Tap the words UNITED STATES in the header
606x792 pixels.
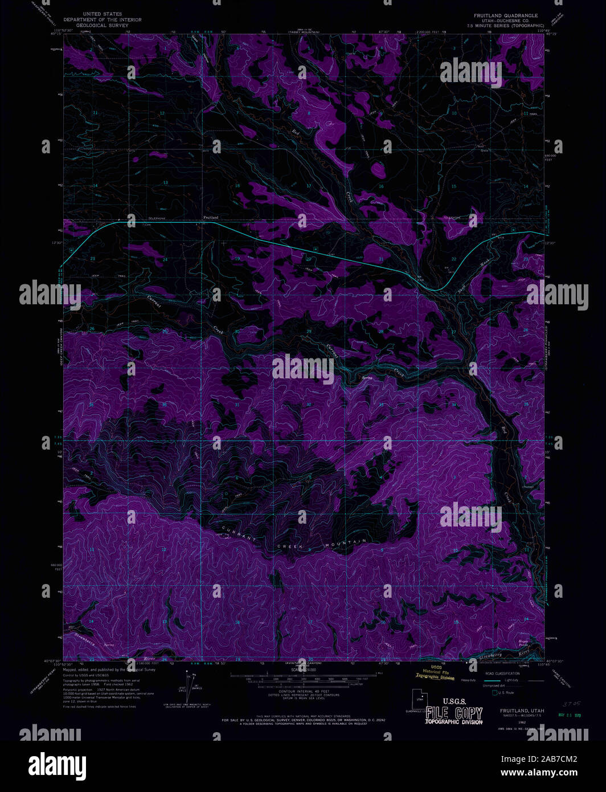tap(103, 14)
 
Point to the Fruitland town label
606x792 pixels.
tap(211, 218)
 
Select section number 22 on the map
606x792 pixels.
tap(454, 259)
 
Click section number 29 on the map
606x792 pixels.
tap(309, 331)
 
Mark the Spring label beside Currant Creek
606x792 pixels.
tap(359, 377)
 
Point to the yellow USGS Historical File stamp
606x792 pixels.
tap(436, 673)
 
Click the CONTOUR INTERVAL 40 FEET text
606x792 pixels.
tap(302, 691)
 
